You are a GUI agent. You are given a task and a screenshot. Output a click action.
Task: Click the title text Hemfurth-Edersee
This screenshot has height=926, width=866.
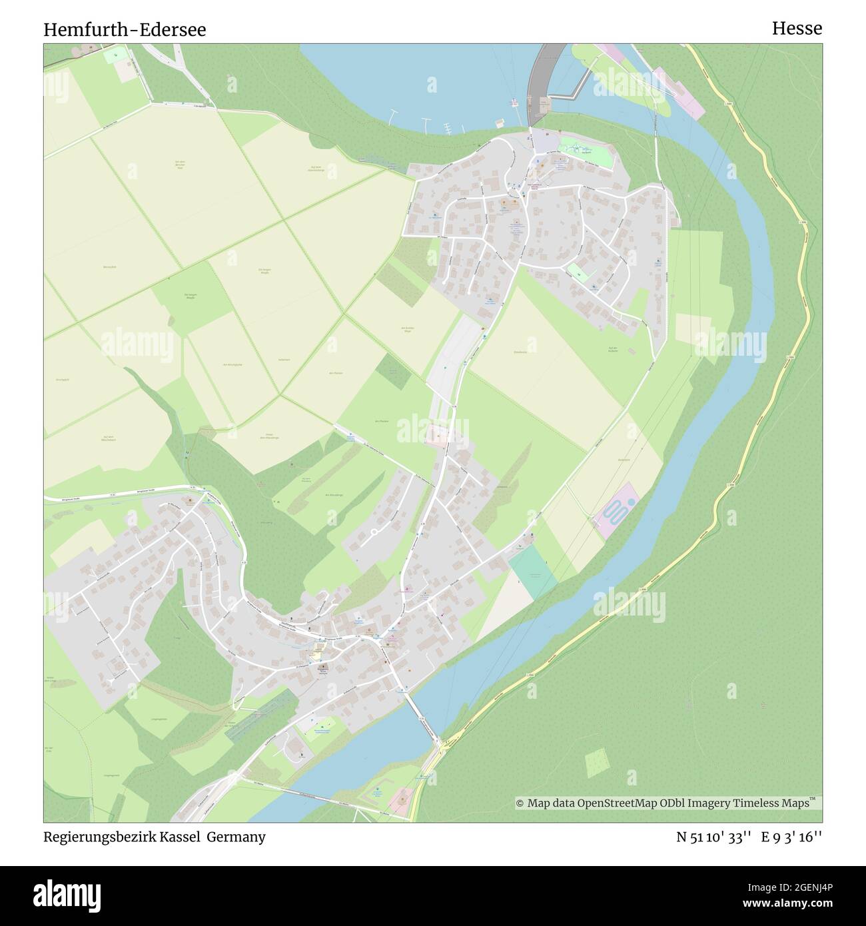(125, 29)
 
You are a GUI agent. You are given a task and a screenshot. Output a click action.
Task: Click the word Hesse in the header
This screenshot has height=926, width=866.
(797, 28)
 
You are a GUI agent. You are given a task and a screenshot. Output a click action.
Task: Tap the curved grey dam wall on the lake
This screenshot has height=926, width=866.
(536, 80)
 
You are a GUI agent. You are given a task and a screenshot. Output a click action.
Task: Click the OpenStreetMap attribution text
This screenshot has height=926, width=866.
(666, 803)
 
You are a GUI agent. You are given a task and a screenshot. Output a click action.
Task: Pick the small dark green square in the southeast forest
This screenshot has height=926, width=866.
(596, 762)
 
